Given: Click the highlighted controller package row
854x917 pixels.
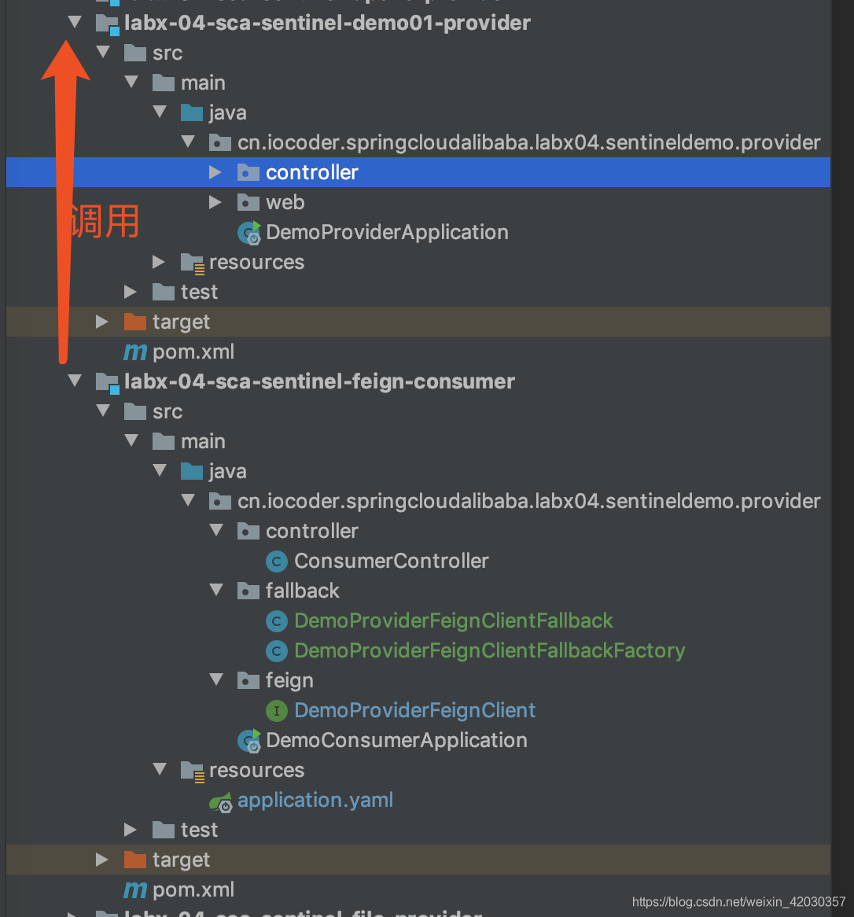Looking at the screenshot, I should coord(311,172).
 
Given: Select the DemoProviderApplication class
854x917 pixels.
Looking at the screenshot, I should coord(386,232).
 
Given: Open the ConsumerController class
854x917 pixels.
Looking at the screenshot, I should coord(391,561).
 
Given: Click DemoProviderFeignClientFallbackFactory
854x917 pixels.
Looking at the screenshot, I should coord(489,650).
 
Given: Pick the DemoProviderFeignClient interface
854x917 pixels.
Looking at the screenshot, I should coord(414,710).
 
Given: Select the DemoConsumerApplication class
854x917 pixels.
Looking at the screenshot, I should coord(396,740).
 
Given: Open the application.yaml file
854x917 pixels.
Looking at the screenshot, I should coord(315,800).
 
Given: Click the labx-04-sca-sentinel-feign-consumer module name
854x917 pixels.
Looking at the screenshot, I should coord(319,381).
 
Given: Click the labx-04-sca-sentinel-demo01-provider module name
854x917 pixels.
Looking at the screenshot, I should coord(327,23).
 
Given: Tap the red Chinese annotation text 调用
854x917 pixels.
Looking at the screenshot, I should coord(105,221).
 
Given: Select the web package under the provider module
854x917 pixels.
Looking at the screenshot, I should coord(285,202).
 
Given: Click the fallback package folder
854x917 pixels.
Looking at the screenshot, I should coord(302,591).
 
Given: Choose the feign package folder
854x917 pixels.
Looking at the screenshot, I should coord(289,680).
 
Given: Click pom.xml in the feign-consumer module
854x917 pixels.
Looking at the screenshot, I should coord(193,889).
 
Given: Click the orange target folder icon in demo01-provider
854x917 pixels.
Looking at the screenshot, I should coord(135,322).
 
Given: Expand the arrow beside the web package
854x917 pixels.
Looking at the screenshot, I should coord(215,202).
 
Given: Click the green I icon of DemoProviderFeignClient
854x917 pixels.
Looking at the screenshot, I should coord(277,710).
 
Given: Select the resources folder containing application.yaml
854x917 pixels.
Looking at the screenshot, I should coord(256,770).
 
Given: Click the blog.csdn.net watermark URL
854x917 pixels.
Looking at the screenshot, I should coord(738,902).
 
